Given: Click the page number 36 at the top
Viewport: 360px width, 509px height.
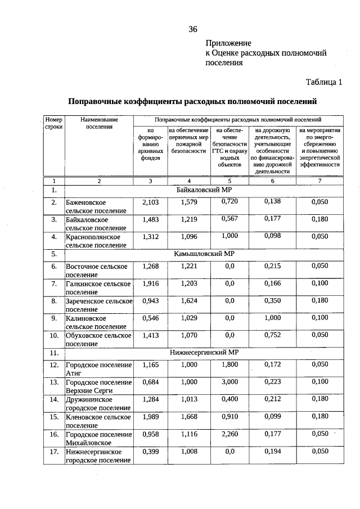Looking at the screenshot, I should pos(193,29).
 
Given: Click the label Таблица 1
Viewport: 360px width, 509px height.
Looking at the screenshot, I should pos(323,82).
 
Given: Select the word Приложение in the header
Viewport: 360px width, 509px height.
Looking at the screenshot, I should pos(228,43).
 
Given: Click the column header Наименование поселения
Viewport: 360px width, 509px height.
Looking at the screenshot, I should pos(99,123).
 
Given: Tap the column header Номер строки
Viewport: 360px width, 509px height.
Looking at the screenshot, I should pos(54,123).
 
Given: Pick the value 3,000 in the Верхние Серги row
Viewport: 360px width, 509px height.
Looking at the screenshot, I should pos(229,382).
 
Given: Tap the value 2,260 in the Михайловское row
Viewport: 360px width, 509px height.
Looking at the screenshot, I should pos(229,434).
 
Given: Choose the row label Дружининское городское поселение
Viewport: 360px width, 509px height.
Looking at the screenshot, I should pos(98,404).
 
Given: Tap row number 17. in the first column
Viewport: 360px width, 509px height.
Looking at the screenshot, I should pos(54,451).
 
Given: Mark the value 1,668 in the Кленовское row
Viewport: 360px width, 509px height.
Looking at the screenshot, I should pos(189,417).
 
